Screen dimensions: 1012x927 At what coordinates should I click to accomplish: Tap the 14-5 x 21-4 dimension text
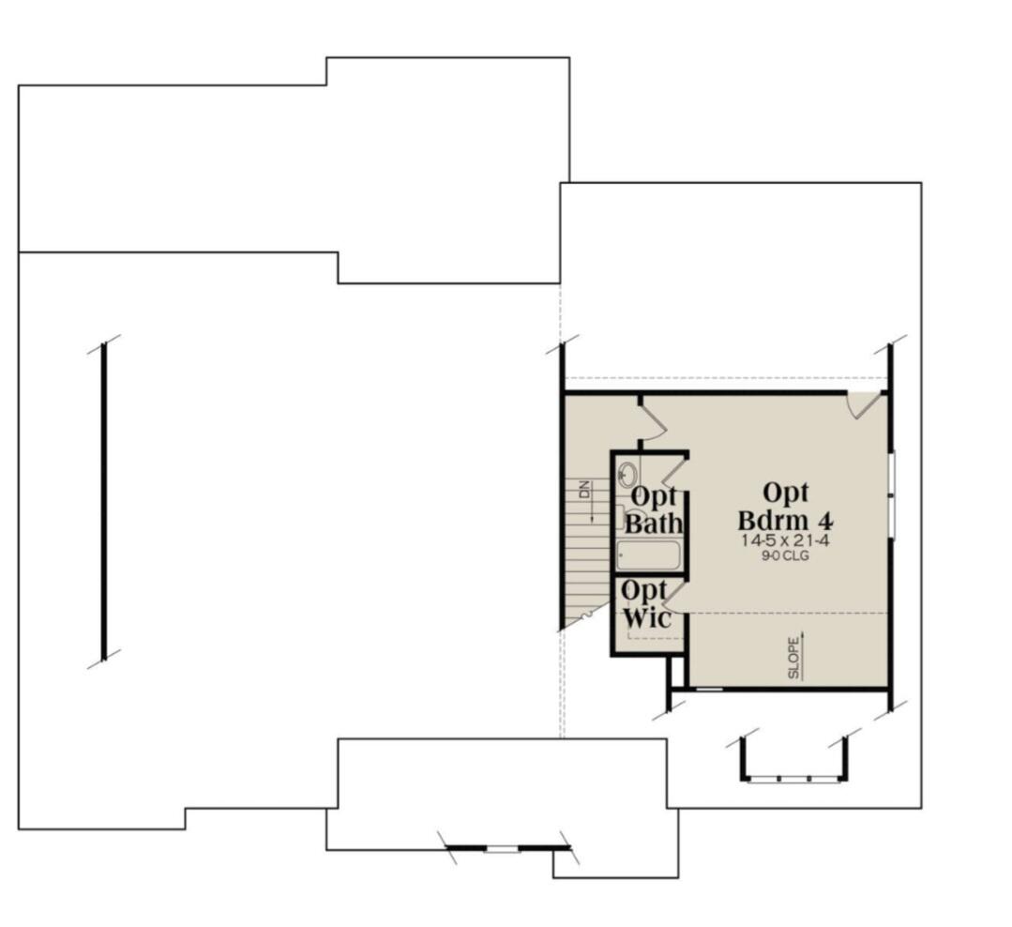[785, 540]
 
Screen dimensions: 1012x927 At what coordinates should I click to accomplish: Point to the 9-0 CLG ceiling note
[785, 555]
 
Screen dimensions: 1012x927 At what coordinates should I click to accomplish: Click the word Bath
[654, 523]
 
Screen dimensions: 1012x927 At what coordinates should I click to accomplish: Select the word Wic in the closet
[647, 617]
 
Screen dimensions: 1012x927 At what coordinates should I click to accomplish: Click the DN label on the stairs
[584, 489]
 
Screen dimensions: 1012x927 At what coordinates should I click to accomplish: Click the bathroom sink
[627, 475]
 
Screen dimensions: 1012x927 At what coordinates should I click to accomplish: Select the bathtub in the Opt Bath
[648, 555]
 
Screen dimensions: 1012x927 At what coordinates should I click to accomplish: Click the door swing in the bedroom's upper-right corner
[864, 404]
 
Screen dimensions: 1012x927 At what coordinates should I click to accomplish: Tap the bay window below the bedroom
[793, 762]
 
